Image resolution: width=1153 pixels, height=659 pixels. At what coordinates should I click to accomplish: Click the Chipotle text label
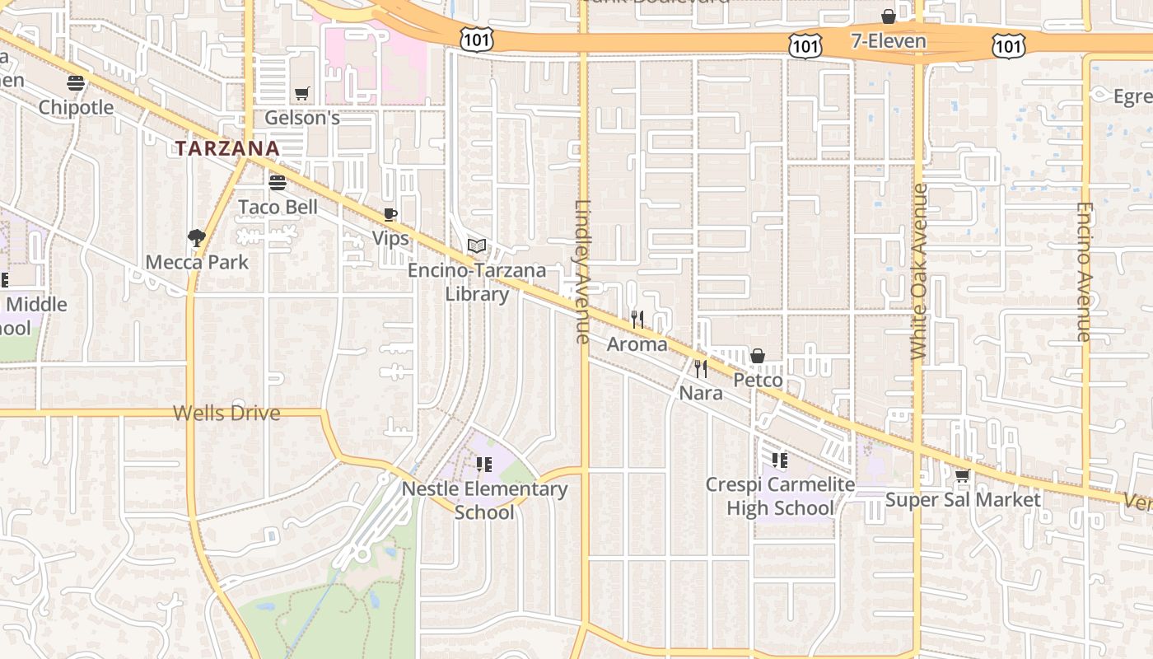(x=76, y=107)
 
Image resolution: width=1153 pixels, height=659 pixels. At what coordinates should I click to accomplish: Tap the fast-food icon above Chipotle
(x=76, y=82)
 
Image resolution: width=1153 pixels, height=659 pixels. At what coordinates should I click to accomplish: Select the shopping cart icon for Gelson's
(x=301, y=94)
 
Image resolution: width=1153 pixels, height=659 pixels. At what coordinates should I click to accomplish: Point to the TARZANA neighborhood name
(x=227, y=149)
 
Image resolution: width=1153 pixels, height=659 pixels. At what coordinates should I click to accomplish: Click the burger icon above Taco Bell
(x=278, y=182)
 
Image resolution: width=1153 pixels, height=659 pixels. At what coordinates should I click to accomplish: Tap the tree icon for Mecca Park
(x=196, y=238)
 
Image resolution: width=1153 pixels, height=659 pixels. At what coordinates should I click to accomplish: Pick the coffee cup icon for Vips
(x=390, y=215)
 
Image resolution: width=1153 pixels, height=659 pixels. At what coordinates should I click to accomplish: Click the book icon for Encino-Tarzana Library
(x=477, y=245)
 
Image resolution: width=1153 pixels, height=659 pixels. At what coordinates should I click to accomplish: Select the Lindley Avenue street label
(x=583, y=272)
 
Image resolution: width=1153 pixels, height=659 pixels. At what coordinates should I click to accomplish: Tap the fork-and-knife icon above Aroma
(x=637, y=319)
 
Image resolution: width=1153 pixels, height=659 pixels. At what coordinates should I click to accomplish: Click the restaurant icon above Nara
(x=701, y=368)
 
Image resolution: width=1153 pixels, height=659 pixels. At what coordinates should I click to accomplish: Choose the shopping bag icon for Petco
(x=758, y=356)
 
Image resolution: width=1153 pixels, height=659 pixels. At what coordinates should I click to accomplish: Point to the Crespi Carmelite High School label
(x=780, y=496)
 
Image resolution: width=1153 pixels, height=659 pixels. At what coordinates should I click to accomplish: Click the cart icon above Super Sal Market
(x=962, y=475)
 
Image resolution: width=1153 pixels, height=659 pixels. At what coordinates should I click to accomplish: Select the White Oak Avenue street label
(x=920, y=272)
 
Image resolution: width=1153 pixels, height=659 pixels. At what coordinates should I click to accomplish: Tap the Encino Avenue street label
(x=1085, y=272)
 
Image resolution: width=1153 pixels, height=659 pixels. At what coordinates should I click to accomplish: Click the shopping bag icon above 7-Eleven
(x=889, y=16)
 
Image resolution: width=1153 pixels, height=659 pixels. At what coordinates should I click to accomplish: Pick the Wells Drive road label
(x=226, y=413)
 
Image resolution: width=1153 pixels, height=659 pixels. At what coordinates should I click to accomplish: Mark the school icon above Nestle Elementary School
(x=484, y=465)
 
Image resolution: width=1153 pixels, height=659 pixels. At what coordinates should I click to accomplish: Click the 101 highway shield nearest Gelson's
(x=478, y=40)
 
